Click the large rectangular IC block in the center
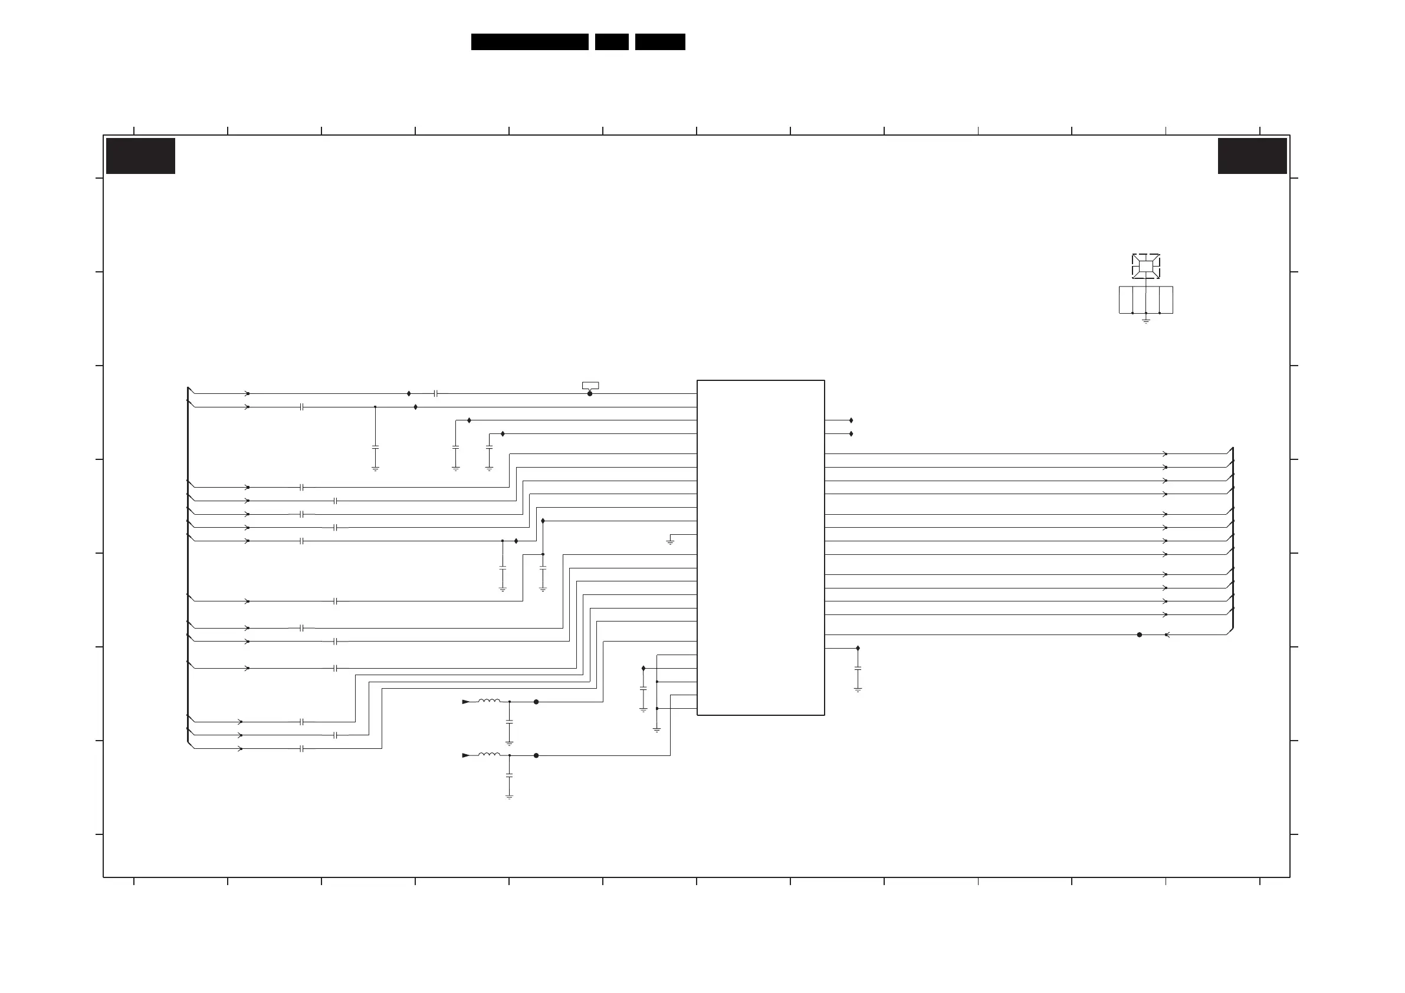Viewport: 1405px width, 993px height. [x=761, y=548]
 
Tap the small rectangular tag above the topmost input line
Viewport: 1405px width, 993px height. [x=590, y=386]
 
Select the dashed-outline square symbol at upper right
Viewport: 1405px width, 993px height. [x=1145, y=266]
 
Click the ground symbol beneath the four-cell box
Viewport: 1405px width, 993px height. [x=1145, y=320]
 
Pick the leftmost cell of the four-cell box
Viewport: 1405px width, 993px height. [x=1126, y=300]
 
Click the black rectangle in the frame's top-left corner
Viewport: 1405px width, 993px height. [x=141, y=156]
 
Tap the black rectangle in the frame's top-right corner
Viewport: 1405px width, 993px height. [x=1252, y=156]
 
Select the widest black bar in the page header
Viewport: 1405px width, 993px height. [x=530, y=42]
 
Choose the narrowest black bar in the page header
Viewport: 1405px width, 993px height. [x=612, y=42]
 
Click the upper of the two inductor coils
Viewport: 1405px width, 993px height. [x=489, y=701]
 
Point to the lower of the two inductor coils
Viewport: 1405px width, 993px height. [x=489, y=755]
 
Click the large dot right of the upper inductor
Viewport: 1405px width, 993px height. [x=536, y=702]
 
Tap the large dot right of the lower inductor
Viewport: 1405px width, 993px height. [x=536, y=755]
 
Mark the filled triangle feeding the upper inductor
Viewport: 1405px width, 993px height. [x=466, y=702]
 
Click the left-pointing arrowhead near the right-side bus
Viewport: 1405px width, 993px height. [x=1167, y=635]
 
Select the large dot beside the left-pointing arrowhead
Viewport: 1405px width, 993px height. [x=1140, y=635]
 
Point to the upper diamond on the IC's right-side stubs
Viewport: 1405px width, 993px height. [x=851, y=420]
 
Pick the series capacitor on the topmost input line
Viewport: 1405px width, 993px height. [x=436, y=394]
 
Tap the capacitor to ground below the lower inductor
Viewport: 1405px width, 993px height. [x=509, y=775]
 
